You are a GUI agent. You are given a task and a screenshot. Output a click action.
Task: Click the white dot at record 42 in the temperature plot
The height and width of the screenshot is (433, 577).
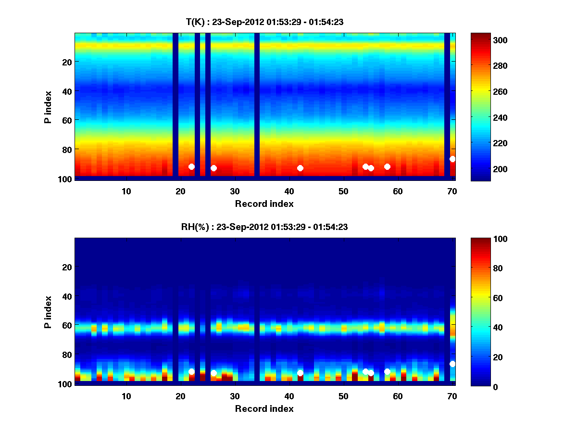click(x=300, y=168)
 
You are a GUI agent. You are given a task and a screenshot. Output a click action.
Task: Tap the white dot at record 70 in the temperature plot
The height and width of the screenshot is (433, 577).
click(x=452, y=159)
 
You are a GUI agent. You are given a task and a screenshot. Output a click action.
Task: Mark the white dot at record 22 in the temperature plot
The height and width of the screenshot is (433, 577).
click(x=191, y=166)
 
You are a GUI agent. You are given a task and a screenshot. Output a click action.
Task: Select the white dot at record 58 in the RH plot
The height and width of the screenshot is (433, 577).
click(x=387, y=371)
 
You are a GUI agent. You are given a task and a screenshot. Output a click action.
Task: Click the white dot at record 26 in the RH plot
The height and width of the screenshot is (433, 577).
click(x=213, y=373)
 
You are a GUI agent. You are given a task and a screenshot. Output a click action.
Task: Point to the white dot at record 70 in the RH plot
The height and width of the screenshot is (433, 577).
click(x=452, y=364)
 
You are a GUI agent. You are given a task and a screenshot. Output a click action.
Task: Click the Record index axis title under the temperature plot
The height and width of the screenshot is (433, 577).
click(x=264, y=204)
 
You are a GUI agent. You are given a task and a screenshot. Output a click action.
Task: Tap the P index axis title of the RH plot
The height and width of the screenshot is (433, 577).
click(x=48, y=312)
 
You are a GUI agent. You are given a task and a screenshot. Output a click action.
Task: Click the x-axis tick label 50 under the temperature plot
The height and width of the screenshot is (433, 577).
click(x=343, y=191)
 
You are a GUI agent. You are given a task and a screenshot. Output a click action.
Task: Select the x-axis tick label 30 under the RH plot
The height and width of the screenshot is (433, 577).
click(x=235, y=396)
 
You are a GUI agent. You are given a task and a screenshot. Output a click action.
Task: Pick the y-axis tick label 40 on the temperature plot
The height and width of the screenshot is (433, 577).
click(x=66, y=90)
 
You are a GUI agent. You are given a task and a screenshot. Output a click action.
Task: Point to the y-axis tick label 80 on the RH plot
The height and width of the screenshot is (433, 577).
click(x=66, y=355)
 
